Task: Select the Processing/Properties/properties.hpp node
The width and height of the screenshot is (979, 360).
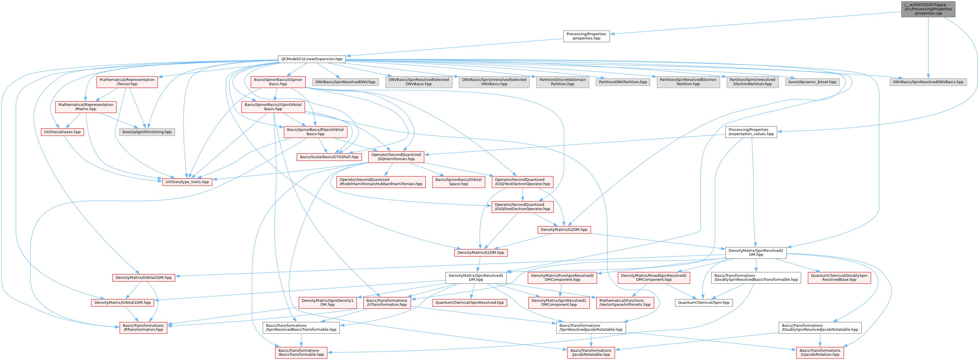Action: tap(586, 36)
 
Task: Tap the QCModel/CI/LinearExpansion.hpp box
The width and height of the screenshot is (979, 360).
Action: tap(312, 59)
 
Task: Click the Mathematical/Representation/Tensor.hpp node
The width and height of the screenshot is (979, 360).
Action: tap(127, 82)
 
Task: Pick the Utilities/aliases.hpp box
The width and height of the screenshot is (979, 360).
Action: tap(62, 132)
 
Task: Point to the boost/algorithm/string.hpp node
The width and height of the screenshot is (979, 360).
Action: tap(147, 132)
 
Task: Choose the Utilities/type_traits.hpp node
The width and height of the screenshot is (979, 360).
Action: tap(187, 182)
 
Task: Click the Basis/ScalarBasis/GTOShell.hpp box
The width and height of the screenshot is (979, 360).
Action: tap(329, 157)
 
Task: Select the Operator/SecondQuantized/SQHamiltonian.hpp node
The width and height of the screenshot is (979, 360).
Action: tap(396, 157)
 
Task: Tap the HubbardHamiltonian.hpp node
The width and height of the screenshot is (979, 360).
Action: tap(381, 182)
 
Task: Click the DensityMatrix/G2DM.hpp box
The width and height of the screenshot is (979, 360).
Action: tap(564, 230)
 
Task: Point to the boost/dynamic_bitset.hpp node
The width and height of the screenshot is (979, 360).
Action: tap(812, 82)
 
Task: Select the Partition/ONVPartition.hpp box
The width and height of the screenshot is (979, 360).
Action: tap(622, 82)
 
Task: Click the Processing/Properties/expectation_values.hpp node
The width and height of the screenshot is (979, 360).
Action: tap(751, 132)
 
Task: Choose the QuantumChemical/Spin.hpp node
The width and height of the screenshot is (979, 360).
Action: tap(703, 303)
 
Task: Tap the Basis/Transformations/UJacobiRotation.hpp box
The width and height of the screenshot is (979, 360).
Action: tap(820, 352)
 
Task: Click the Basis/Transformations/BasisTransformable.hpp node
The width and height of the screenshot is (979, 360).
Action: tap(301, 352)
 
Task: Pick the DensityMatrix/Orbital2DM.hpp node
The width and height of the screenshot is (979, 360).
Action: tap(143, 277)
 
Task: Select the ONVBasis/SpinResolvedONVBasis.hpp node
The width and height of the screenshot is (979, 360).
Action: tap(928, 82)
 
